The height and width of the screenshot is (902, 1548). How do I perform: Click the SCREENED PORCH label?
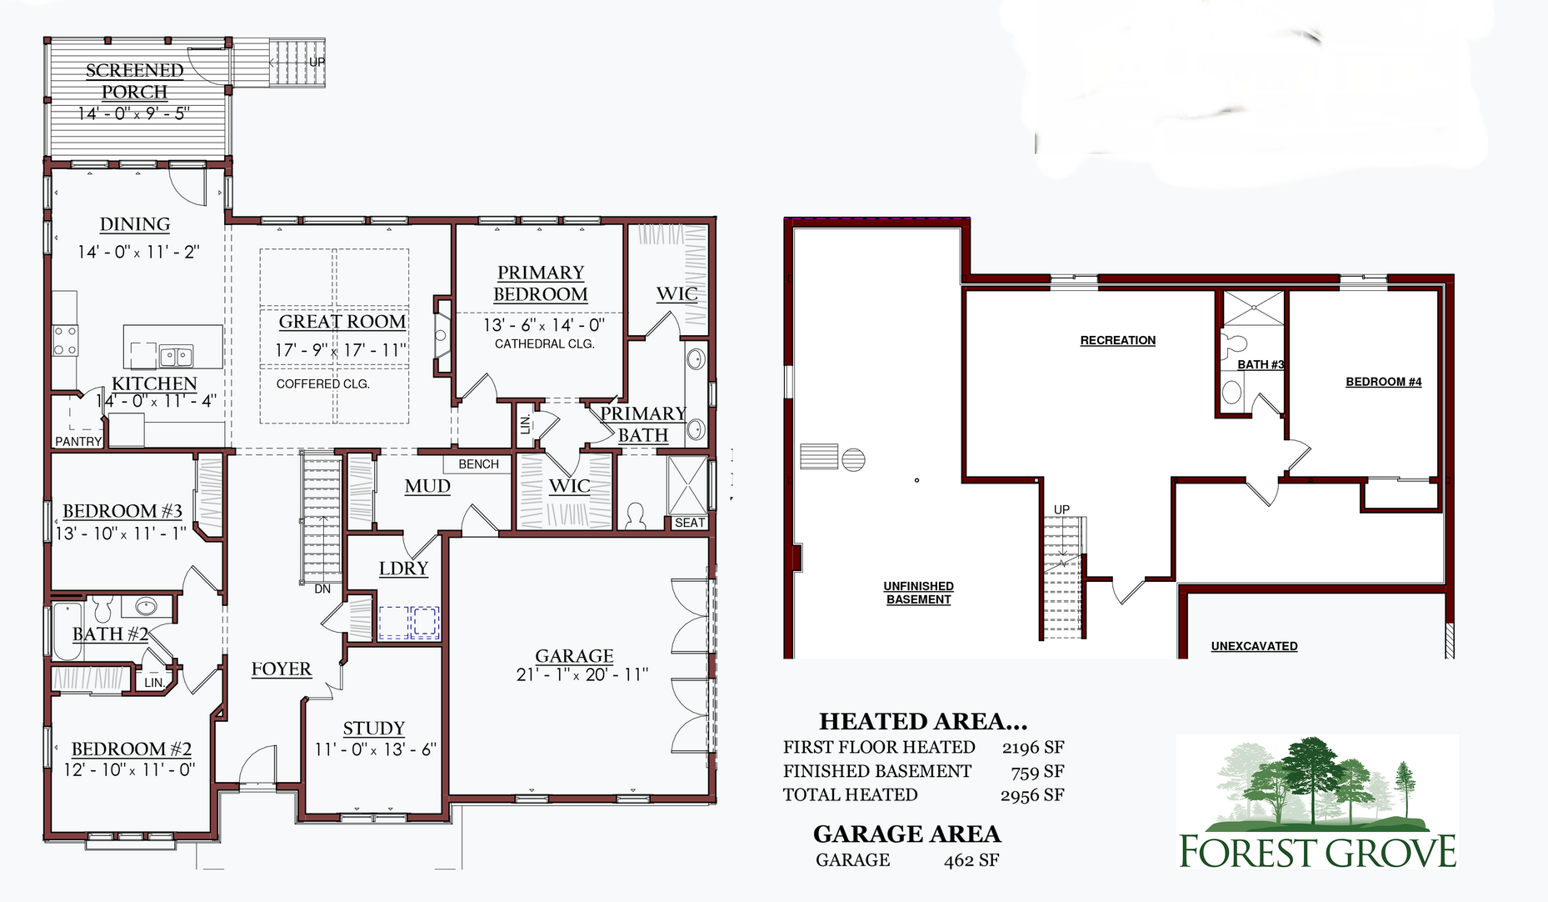134,81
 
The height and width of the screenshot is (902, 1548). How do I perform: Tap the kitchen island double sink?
177,357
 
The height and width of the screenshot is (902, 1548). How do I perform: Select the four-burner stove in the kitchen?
66,340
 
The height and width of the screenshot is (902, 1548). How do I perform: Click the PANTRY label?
78,441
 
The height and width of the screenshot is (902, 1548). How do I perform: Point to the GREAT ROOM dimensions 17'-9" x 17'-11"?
341,350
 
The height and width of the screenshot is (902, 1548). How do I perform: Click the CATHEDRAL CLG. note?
545,343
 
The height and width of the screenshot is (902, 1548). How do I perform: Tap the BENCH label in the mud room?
479,464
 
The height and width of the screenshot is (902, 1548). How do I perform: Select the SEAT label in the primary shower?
690,523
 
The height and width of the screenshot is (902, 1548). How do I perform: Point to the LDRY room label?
404,569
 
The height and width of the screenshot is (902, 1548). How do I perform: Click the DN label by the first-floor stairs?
322,589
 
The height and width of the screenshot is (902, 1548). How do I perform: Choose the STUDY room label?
374,729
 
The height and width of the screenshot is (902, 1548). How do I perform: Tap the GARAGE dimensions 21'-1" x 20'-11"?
582,674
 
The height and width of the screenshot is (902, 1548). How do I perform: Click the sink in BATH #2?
147,606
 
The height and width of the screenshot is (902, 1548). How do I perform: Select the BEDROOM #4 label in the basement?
1384,382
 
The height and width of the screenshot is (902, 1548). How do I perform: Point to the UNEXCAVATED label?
1255,646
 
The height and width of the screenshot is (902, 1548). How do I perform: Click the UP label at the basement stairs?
1061,509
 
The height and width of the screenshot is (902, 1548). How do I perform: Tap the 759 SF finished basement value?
1037,772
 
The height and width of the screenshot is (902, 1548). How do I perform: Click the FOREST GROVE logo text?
1318,852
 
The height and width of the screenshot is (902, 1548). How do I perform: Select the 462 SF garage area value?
971,860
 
